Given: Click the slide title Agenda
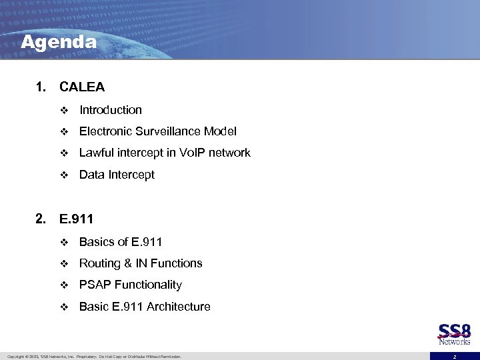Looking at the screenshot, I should pos(59,42).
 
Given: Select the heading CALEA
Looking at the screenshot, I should pos(82,87).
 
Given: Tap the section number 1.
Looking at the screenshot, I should pos(41,87).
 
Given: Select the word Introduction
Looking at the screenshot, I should pos(111,110).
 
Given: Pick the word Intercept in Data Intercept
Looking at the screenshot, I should pos(132,175).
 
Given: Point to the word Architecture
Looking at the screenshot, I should pos(179,307).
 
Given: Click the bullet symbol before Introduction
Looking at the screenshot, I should pos(64,111).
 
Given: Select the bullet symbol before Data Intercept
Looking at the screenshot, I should pos(64,175).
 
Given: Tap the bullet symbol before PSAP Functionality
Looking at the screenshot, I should pos(64,285).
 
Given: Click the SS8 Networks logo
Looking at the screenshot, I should pos(455,334).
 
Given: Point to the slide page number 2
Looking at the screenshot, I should pos(454,357).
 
